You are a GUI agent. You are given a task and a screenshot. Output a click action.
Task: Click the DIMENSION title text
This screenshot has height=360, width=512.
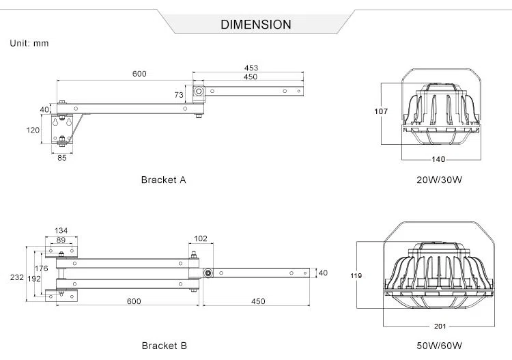(256, 25)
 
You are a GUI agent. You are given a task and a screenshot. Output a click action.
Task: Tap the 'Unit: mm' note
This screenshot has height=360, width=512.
(29, 43)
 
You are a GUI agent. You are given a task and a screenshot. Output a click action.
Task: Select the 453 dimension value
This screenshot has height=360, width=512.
(251, 68)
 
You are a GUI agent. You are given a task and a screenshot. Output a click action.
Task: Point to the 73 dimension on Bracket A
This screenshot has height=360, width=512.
(180, 94)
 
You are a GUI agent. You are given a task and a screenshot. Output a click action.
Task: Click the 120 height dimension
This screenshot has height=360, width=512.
(32, 130)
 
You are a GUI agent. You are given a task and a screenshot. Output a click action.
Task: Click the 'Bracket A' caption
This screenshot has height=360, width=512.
(163, 180)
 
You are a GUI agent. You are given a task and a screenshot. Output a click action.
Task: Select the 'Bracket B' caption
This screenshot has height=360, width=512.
(164, 346)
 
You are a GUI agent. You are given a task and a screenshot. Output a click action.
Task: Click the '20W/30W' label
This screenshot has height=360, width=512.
(440, 180)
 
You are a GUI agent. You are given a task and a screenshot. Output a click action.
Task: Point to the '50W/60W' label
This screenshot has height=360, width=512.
(440, 346)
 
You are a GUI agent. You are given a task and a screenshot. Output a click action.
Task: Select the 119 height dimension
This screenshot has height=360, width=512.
(356, 276)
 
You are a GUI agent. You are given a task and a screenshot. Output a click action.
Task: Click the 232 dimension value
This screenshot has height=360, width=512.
(16, 277)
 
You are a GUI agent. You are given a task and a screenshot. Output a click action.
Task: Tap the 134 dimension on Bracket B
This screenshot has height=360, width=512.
(61, 230)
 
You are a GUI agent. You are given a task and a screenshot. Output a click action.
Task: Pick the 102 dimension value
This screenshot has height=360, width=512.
(201, 239)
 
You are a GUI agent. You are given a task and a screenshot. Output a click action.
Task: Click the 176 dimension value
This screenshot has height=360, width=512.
(42, 268)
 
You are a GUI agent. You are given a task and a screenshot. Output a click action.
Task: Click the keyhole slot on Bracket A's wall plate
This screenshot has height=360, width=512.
(54, 123)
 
